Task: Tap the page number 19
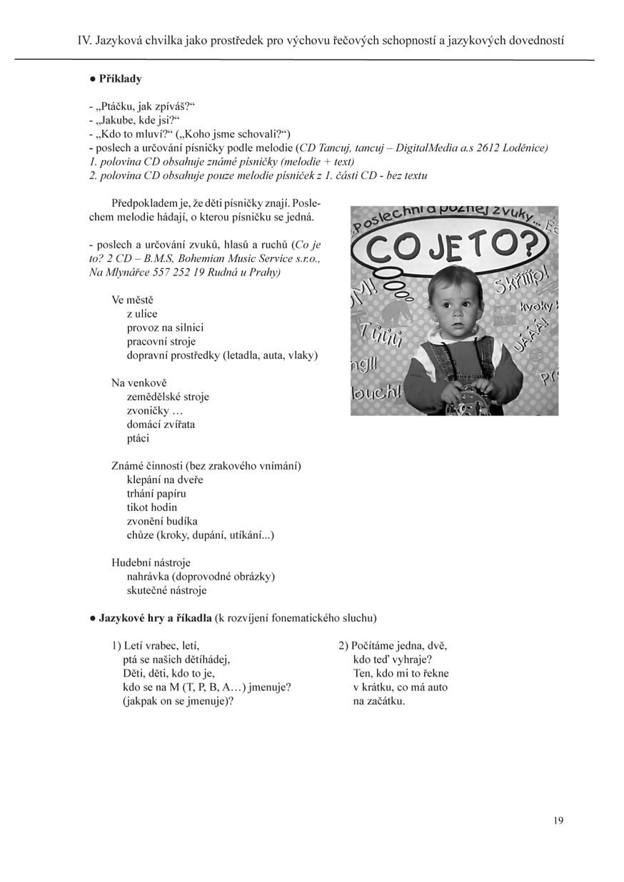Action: (x=558, y=821)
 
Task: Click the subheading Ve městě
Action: (x=133, y=300)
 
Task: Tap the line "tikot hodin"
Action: (x=151, y=507)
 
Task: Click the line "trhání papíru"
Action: (x=156, y=493)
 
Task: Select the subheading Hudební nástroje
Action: (x=151, y=562)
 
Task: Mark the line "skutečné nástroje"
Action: (x=167, y=590)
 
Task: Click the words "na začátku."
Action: (x=379, y=701)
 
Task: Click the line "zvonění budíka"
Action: (x=162, y=521)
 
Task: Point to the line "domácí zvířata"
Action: (x=161, y=425)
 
